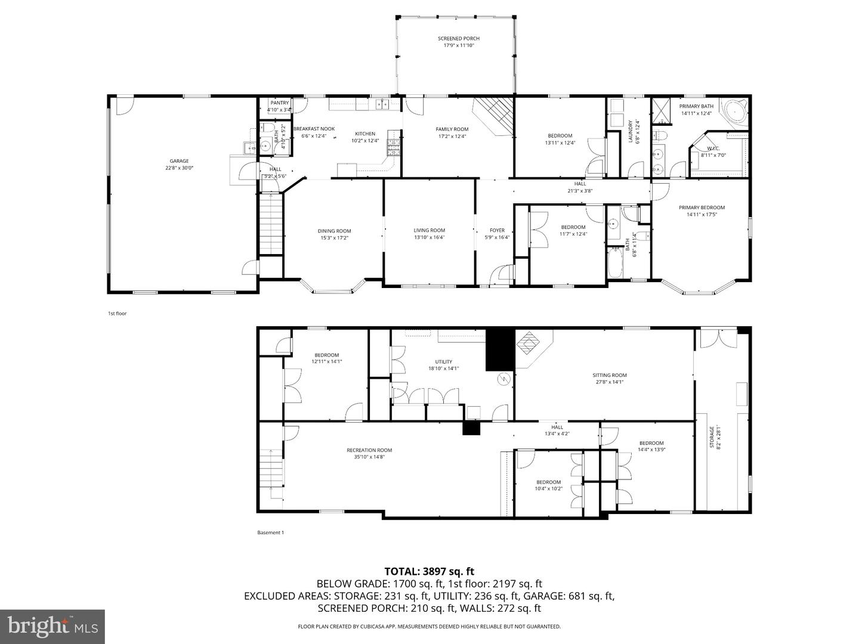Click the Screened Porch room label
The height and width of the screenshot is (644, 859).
[458, 39]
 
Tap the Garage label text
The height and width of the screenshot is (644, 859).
[179, 161]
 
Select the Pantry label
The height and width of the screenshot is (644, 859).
[279, 103]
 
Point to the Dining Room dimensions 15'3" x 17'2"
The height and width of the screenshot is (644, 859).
[334, 238]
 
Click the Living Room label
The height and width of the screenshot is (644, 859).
[429, 230]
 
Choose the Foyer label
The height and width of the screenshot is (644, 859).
[497, 230]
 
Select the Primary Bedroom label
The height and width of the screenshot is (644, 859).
[702, 208]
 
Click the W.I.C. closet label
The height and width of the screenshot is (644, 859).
[713, 148]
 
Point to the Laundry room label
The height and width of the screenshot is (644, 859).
[630, 131]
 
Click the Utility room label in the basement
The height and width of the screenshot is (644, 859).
[443, 361]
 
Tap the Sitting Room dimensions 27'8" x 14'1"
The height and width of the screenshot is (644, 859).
[610, 382]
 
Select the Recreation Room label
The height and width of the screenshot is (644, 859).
[369, 450]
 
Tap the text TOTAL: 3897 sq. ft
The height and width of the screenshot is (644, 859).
[429, 572]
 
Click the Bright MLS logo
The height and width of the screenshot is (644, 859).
[52, 626]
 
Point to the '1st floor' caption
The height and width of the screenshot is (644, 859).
[117, 313]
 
